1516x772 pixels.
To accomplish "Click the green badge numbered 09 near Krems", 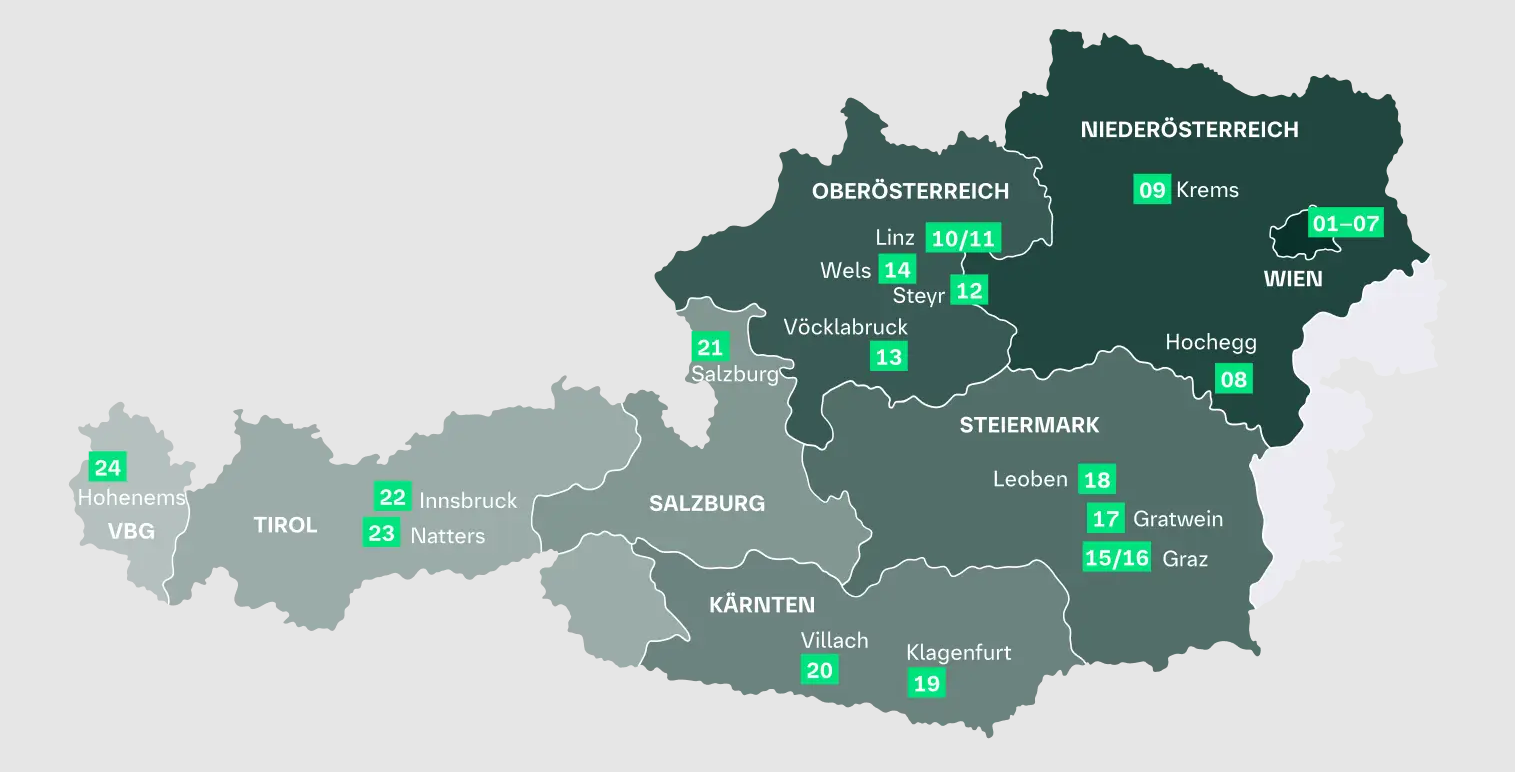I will [1152, 189].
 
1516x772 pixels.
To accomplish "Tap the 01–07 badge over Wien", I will [1345, 223].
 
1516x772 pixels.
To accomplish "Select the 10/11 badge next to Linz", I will [963, 238].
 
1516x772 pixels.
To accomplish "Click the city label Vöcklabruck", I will [846, 327].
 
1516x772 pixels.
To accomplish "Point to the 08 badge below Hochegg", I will [1233, 379].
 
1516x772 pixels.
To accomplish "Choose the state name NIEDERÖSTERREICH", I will [1189, 129].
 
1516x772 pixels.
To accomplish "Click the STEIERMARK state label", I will [1029, 425].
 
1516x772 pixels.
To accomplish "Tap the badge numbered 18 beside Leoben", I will [1096, 480].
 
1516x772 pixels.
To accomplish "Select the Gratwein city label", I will [1177, 519].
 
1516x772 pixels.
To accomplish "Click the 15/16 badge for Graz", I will [1117, 557].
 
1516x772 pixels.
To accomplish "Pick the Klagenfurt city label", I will [958, 653].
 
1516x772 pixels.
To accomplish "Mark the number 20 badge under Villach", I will [819, 670].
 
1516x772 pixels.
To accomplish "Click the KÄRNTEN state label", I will [761, 605].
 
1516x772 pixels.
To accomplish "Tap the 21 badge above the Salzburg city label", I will [709, 347].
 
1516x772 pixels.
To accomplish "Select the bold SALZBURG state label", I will [707, 503].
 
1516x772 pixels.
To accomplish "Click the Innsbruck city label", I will [468, 500].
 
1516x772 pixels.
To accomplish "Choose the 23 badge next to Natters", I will [381, 533].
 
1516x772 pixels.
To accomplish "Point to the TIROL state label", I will [285, 525].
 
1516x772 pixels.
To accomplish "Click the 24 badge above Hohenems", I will [107, 467].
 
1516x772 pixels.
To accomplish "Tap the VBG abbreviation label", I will [131, 531].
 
